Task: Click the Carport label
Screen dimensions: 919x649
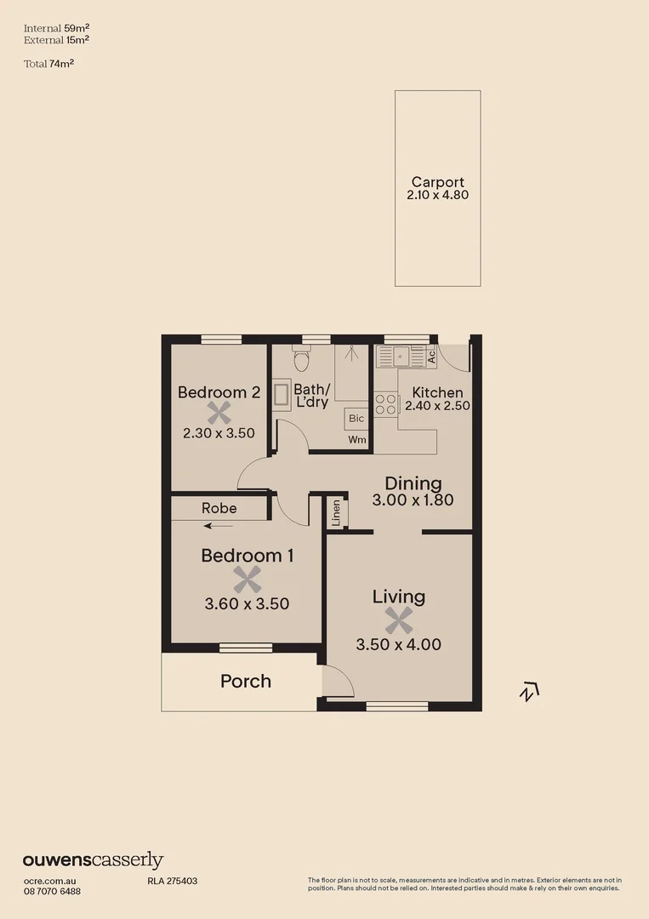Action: (x=438, y=181)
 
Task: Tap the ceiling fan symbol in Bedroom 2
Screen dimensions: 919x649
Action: (x=219, y=413)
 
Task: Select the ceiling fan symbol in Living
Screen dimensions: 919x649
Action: (x=398, y=620)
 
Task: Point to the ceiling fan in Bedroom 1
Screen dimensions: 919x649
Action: (x=247, y=580)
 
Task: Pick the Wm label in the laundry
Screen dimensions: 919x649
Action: (x=357, y=440)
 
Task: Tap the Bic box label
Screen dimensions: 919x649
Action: (x=356, y=418)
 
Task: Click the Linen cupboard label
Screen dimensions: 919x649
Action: (x=337, y=512)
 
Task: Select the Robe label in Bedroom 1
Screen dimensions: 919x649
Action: (x=219, y=508)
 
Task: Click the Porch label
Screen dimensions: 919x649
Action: (x=246, y=681)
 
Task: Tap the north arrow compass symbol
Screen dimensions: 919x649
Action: (x=529, y=692)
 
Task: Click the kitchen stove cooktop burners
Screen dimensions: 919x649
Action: (x=385, y=403)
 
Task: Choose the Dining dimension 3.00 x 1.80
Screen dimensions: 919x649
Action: (x=413, y=500)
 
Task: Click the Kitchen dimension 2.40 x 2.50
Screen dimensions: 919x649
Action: (x=437, y=406)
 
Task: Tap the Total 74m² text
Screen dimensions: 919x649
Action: (x=49, y=62)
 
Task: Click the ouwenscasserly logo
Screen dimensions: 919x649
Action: (x=93, y=860)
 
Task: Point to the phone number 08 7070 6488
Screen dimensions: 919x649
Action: (x=52, y=891)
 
